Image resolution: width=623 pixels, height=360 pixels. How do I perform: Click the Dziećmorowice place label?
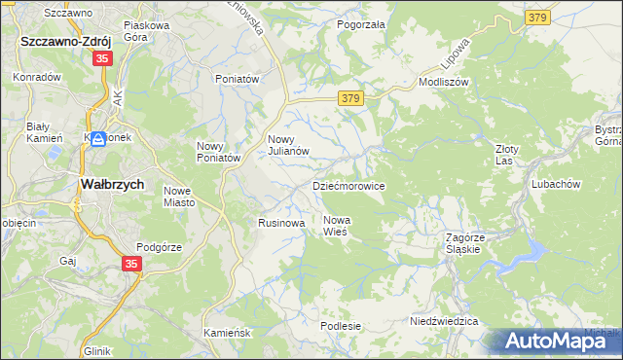348,185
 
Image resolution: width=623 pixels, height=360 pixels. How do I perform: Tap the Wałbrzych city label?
111,184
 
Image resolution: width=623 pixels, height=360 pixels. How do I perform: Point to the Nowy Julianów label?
288,144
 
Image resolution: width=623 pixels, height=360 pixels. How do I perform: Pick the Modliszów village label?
444,82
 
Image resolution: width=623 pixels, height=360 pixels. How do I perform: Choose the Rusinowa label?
281,223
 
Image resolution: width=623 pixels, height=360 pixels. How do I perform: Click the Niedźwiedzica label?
444,321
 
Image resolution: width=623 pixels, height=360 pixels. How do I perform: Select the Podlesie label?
341,326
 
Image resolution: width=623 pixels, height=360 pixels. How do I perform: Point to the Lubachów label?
556,184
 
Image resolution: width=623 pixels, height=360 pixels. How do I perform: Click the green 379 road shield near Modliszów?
352,98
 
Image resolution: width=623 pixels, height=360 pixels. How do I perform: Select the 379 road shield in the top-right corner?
536,18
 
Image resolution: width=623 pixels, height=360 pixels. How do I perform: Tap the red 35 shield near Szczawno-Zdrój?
102,59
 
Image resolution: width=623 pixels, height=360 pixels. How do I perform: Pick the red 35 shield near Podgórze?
133,264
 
